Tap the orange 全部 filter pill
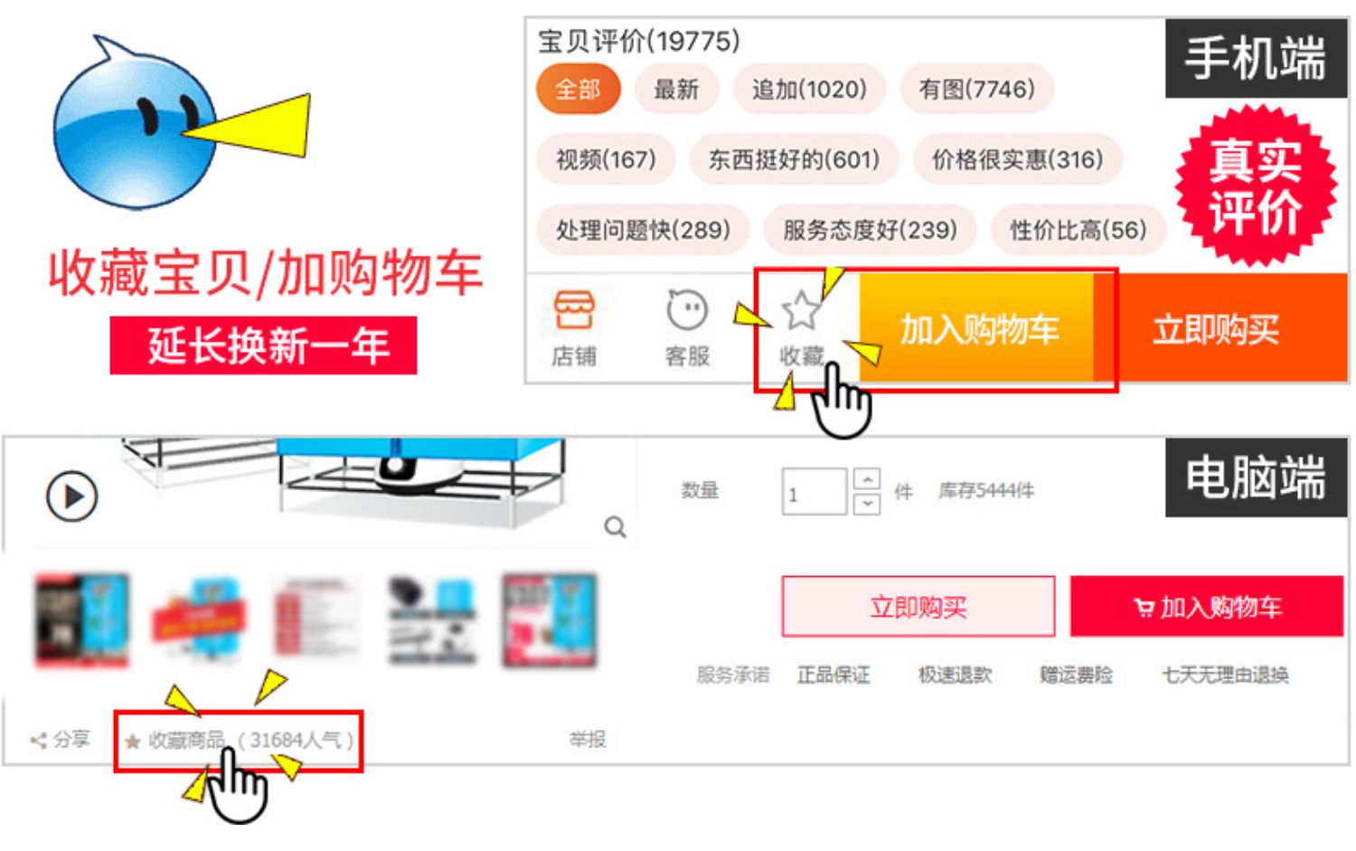pyautogui.click(x=578, y=90)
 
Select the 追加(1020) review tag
pyautogui.click(x=808, y=90)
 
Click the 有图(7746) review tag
pyautogui.click(x=976, y=90)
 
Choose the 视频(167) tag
pyautogui.click(x=606, y=160)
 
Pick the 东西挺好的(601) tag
pyautogui.click(x=794, y=160)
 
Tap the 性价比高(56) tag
pyautogui.click(x=1078, y=230)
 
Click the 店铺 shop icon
pyautogui.click(x=574, y=311)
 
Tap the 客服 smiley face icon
pyautogui.click(x=687, y=311)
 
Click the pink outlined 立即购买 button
pyautogui.click(x=918, y=607)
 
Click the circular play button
pyautogui.click(x=71, y=496)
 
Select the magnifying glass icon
pyautogui.click(x=616, y=526)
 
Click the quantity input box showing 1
pyautogui.click(x=814, y=492)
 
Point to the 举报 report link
pyautogui.click(x=588, y=740)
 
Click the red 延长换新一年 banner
pyautogui.click(x=263, y=345)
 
